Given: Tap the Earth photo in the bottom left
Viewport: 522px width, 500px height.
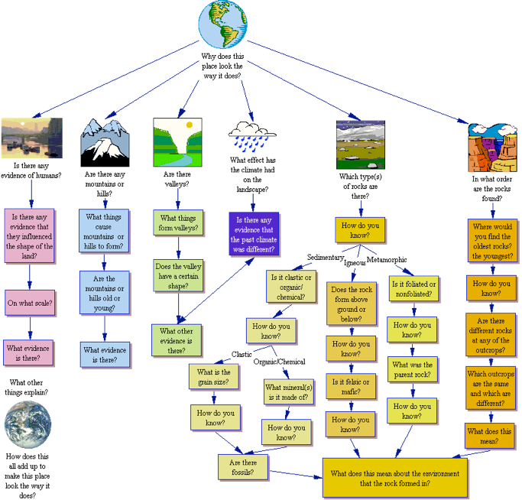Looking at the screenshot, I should tap(27, 424).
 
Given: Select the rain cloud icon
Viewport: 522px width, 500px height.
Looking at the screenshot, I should tap(252, 137).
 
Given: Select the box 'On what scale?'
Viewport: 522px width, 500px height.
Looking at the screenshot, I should tap(30, 303).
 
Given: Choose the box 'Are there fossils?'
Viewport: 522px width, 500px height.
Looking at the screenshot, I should tap(244, 467).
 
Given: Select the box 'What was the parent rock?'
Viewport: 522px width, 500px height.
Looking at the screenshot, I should tap(412, 370).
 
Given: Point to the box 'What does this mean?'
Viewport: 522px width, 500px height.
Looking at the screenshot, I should tap(489, 436).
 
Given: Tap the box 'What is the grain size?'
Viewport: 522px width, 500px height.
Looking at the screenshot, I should tap(213, 377).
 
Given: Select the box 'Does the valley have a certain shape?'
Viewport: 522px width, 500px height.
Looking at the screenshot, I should tap(178, 275).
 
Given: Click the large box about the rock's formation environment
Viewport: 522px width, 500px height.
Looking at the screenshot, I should tap(394, 478).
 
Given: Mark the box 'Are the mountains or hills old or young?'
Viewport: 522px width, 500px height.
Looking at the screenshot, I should tap(105, 294).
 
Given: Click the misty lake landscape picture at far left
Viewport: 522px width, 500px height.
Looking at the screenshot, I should tap(31, 138).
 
